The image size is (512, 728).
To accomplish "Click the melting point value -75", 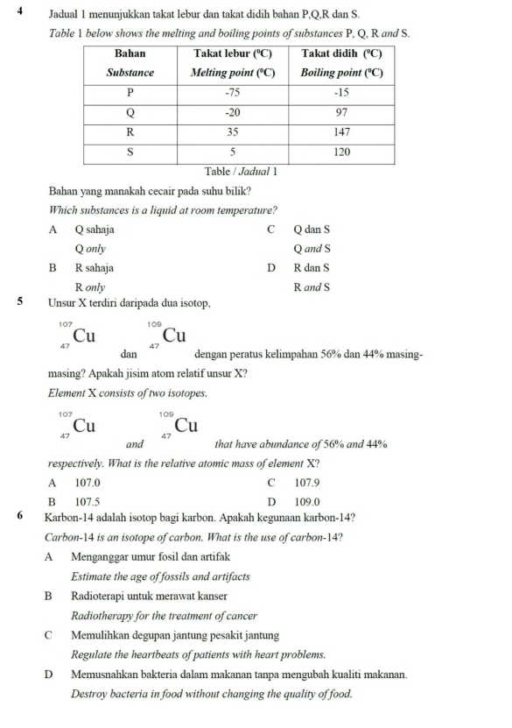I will pos(233,92).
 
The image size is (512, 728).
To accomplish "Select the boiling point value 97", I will pos(342,112).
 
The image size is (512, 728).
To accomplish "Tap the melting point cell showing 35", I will pos(233,132).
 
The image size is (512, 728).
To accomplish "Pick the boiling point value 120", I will pos(342,152).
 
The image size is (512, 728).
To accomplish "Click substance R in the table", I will pos(130,132).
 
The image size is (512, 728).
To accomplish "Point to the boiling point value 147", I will pos(342,132).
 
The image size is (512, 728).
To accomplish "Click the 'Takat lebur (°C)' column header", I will pos(233,53).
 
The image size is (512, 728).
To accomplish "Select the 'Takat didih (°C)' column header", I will pos(342,53).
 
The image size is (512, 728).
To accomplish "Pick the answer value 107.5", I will pos(88,502).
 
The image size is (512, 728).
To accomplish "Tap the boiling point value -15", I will pos(342,92).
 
